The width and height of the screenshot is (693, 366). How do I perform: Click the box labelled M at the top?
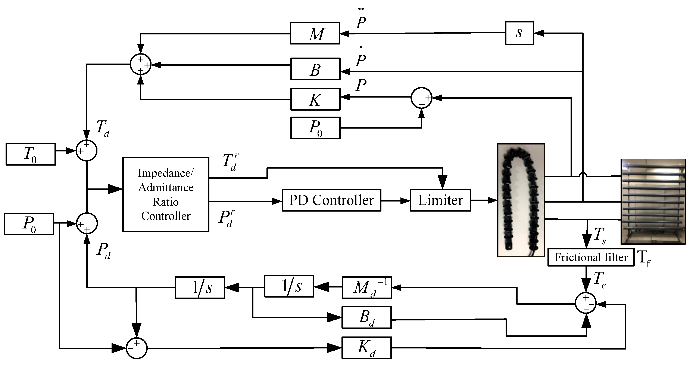pos(315,33)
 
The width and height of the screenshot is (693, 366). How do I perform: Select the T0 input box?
pos(31,154)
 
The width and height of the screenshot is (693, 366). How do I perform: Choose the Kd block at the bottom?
pos(366,347)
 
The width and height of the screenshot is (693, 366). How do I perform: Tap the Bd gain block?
pos(366,317)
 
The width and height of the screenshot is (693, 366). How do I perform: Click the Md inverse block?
pos(367,288)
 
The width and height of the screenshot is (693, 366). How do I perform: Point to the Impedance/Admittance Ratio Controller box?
pos(166,194)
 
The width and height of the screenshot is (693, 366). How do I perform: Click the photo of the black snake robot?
pos(521,200)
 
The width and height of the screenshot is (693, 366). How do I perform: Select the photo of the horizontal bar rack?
pos(653,202)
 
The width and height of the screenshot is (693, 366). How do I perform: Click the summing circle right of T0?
pos(86,151)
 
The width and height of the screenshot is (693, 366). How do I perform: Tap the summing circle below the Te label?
pos(586,303)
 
